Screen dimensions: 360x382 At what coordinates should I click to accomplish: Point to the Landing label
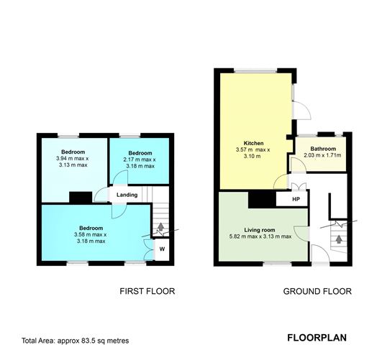[x=128, y=195]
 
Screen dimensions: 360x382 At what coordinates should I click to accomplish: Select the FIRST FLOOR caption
[x=147, y=292]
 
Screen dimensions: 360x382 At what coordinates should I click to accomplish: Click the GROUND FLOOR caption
[x=317, y=292]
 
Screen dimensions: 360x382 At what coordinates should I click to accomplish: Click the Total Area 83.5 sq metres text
[x=76, y=341]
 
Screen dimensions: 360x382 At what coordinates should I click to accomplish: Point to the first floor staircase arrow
[x=160, y=229]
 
